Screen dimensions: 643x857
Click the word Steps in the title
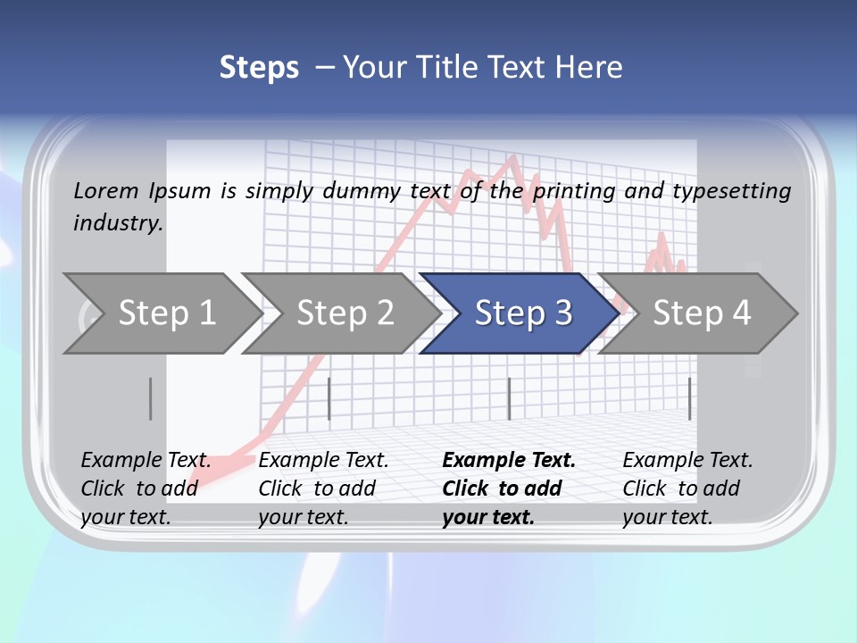pyautogui.click(x=259, y=68)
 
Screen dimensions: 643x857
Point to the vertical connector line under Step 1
pyautogui.click(x=150, y=398)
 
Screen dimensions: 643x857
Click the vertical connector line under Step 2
pyautogui.click(x=329, y=398)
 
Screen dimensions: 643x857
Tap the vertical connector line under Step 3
pyautogui.click(x=509, y=398)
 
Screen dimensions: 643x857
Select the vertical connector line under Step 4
pyautogui.click(x=689, y=398)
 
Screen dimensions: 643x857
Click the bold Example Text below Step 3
pyautogui.click(x=509, y=461)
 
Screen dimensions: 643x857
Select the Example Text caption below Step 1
pyautogui.click(x=146, y=461)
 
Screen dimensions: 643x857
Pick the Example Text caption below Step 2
pyautogui.click(x=323, y=461)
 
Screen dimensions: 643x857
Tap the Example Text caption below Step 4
pyautogui.click(x=687, y=461)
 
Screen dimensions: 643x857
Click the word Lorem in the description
pyautogui.click(x=106, y=190)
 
